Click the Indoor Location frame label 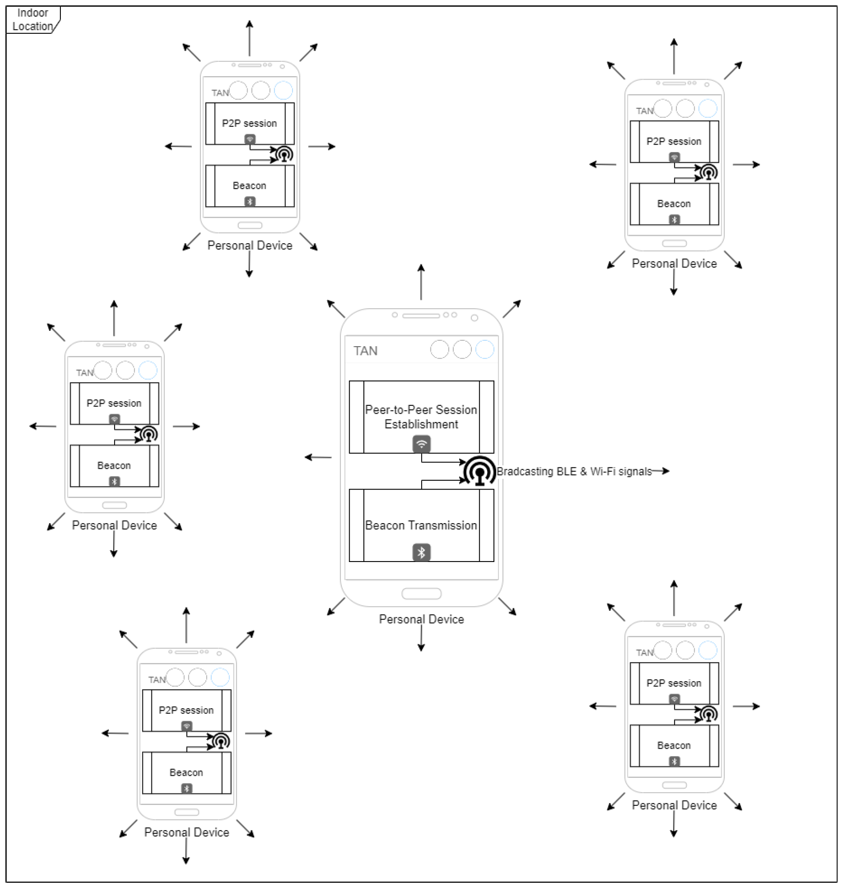pos(33,20)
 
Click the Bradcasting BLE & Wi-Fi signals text pos(574,471)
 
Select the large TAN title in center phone pos(365,351)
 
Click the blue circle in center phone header pos(484,350)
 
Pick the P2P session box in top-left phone pos(250,123)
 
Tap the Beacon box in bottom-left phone pos(187,772)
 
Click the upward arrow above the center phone pos(421,282)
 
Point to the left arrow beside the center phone pos(318,457)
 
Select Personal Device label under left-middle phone pos(114,525)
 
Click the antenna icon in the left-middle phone pos(149,435)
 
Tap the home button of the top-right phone pos(674,243)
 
